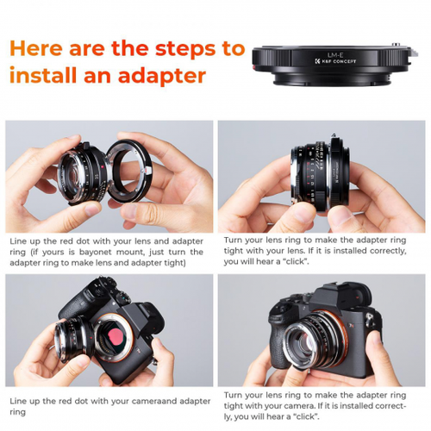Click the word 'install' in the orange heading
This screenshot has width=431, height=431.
point(41,75)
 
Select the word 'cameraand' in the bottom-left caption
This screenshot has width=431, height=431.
point(144,401)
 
